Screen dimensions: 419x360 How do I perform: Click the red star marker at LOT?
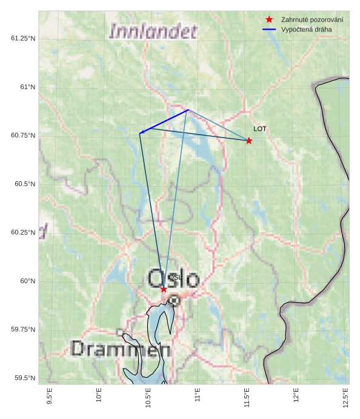[x=249, y=141]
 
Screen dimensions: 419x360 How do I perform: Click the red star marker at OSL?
[x=164, y=289]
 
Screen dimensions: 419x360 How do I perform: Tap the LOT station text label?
[x=260, y=129]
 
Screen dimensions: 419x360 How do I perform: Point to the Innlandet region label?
[x=153, y=31]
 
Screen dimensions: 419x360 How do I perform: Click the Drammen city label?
[x=121, y=349]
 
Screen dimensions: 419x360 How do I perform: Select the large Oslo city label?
[x=173, y=279]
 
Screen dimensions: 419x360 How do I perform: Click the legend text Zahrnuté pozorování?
[x=312, y=20]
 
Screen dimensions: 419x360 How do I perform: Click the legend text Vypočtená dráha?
[x=307, y=29]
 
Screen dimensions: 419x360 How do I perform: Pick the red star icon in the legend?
[x=269, y=20]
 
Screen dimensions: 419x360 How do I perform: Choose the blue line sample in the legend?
[x=269, y=29]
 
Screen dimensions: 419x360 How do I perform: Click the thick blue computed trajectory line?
[x=164, y=121]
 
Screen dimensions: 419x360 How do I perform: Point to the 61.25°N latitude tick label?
[x=24, y=38]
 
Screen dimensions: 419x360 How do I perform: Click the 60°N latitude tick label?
[x=28, y=281]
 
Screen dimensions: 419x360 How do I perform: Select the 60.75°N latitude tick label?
[x=24, y=135]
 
